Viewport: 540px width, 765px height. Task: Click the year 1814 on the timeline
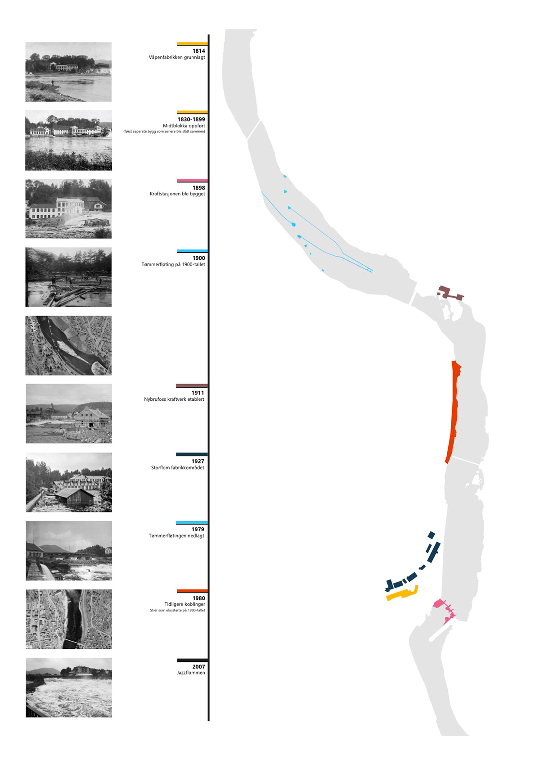click(198, 51)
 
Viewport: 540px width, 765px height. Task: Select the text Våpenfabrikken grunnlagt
click(177, 58)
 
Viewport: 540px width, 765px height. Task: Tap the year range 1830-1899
click(191, 119)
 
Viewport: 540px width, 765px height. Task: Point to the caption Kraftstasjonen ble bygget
click(177, 194)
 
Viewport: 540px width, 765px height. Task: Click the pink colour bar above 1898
click(192, 181)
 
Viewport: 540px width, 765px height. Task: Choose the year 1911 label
click(198, 393)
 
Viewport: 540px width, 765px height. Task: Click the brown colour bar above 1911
click(192, 386)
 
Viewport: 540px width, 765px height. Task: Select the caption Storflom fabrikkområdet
click(177, 468)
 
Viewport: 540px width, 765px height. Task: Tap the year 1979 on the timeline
click(198, 530)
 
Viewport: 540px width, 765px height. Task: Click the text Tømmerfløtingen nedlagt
click(176, 536)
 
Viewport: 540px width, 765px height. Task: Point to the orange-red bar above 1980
click(192, 591)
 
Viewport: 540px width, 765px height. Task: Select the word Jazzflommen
click(191, 673)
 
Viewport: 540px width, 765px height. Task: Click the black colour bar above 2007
click(192, 660)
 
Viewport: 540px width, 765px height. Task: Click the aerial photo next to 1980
click(68, 619)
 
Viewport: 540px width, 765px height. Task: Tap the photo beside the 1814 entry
click(68, 72)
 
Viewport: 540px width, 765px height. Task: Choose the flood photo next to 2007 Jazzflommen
click(68, 688)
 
